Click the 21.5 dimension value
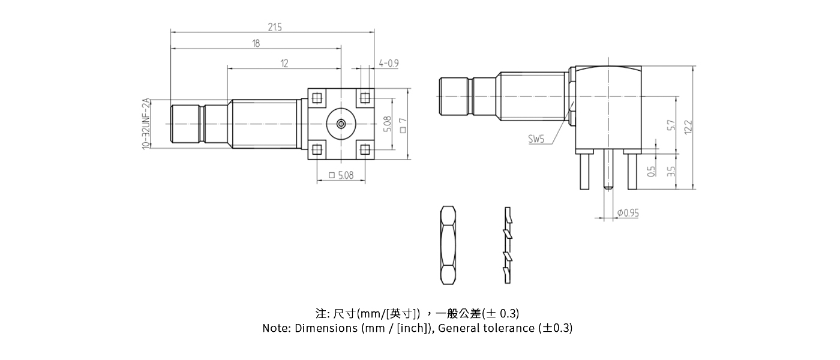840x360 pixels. tap(275, 26)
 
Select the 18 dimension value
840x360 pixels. tap(256, 43)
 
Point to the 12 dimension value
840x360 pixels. tap(284, 63)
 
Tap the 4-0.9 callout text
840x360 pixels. tap(389, 63)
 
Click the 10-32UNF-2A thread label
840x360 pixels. tap(146, 124)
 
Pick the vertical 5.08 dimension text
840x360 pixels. tap(387, 124)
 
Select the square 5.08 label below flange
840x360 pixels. tap(341, 175)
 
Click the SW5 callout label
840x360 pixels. tap(536, 139)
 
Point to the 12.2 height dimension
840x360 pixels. tap(688, 127)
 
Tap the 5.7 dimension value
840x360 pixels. tap(671, 125)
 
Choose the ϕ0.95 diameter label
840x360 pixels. tap(628, 213)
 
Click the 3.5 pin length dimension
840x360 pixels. tap(671, 170)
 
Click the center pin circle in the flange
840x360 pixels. tap(341, 124)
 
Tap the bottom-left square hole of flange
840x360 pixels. tap(317, 149)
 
